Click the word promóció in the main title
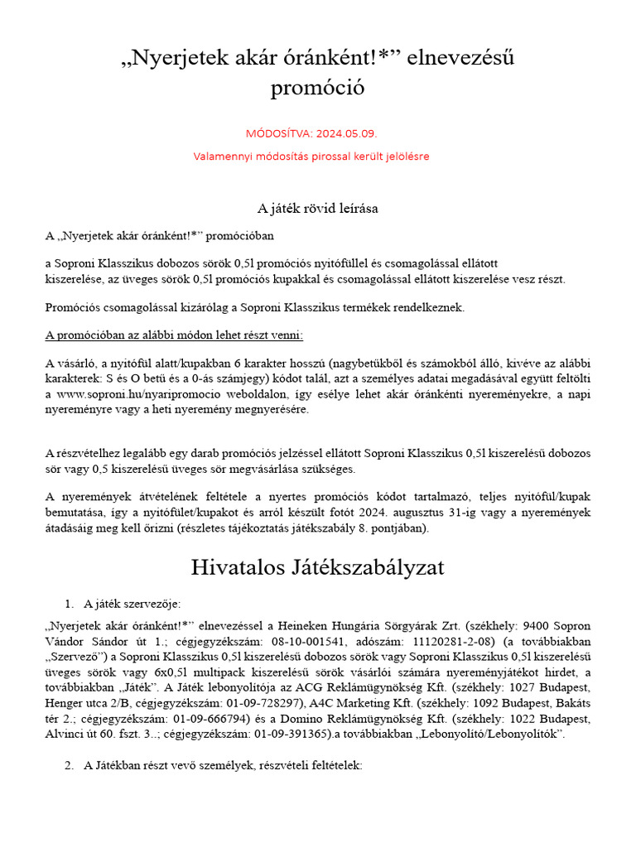point(317,88)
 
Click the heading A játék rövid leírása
point(318,209)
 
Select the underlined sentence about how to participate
point(174,335)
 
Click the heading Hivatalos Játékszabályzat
point(317,567)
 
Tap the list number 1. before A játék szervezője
point(70,603)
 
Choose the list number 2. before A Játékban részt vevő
point(70,766)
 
